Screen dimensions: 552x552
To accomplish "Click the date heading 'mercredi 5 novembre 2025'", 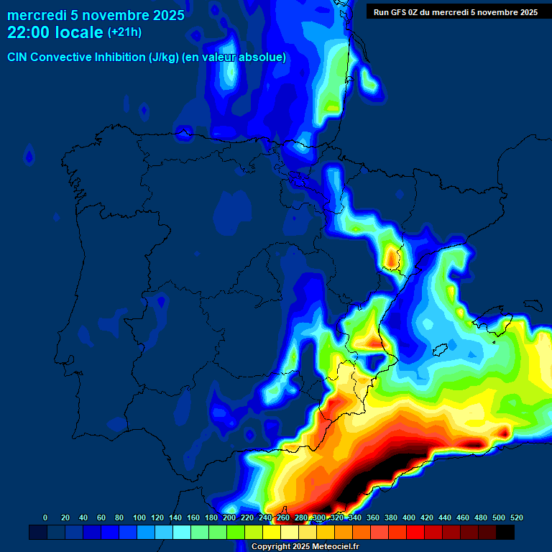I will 96,15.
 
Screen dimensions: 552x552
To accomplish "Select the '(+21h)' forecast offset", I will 125,32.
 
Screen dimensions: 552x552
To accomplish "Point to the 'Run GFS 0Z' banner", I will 455,12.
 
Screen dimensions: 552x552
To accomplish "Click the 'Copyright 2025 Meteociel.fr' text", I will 305,546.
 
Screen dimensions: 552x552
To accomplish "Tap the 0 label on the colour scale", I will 45,517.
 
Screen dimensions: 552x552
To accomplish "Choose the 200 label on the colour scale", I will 229,517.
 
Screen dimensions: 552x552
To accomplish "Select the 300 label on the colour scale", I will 319,517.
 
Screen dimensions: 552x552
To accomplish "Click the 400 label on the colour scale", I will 409,517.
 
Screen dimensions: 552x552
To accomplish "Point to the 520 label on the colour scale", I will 516,517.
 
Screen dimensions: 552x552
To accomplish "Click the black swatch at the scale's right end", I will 505,532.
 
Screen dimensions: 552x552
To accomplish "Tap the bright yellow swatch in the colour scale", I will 272,532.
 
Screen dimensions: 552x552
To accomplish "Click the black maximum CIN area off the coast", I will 374,474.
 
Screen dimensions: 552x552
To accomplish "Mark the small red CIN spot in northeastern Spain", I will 392,256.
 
